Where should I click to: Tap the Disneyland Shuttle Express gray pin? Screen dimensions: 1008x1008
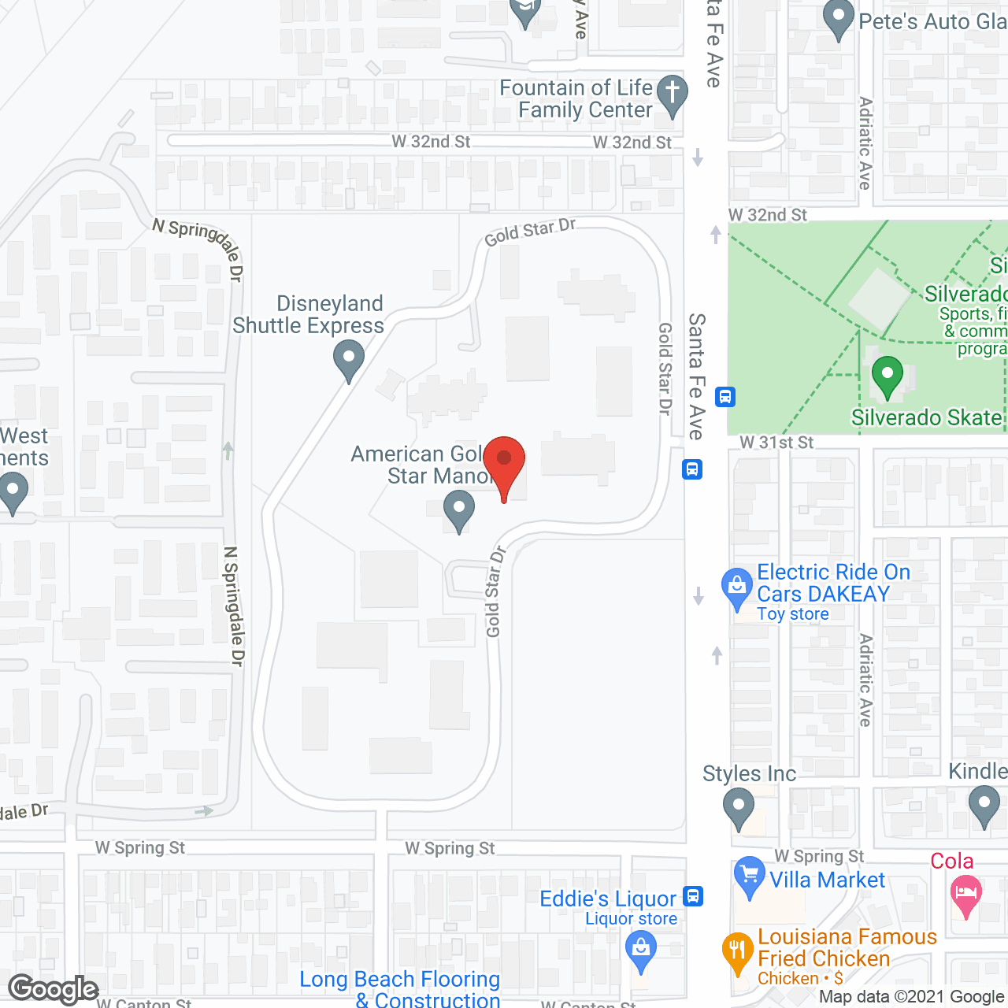[x=348, y=360]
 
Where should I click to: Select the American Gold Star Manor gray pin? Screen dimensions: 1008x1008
[x=458, y=510]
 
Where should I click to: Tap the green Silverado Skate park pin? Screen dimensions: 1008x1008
[x=887, y=377]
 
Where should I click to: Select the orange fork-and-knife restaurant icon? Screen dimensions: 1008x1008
[x=738, y=952]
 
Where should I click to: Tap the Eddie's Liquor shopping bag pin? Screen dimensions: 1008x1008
[x=641, y=951]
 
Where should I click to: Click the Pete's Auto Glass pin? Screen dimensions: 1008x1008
[x=839, y=20]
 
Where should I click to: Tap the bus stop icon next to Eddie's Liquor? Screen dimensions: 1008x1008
[x=693, y=896]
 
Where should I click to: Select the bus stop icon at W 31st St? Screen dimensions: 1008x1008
[x=692, y=469]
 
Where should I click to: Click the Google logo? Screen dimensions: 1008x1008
[x=54, y=989]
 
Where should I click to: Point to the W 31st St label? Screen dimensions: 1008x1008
[x=776, y=443]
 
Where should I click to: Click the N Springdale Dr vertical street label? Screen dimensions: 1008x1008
[x=234, y=606]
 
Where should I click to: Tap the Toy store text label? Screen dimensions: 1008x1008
[x=792, y=614]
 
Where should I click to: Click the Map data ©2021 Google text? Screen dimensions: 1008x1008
[x=912, y=997]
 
